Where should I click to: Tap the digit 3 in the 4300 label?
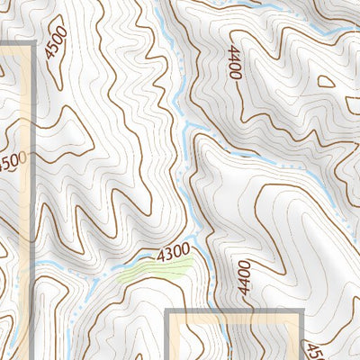pyautogui.click(x=167, y=248)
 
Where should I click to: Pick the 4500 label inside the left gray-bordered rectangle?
pyautogui.click(x=12, y=163)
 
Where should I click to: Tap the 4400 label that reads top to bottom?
pyautogui.click(x=236, y=63)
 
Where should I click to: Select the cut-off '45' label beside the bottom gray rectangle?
pyautogui.click(x=314, y=351)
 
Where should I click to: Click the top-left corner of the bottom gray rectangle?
pyautogui.click(x=168, y=311)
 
